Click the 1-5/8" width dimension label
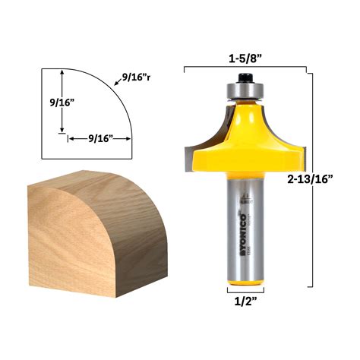coord(246,55)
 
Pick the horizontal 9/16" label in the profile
coord(100,137)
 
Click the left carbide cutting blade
coord(189,151)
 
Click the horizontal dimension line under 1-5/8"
coord(246,68)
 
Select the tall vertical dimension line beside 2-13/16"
coord(308,178)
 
